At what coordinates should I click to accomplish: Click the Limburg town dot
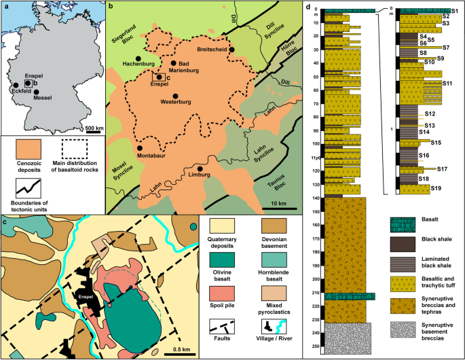[x=200, y=166]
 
